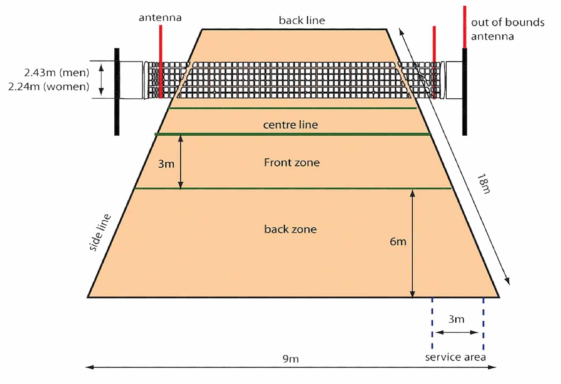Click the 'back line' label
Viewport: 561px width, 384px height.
point(302,21)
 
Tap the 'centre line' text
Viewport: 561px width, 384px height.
point(290,125)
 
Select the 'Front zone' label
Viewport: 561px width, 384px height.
point(292,163)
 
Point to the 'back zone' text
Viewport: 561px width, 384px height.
point(290,229)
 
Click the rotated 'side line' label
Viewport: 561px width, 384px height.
point(100,232)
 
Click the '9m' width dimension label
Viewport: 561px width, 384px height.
point(290,359)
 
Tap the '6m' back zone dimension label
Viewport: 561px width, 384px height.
point(398,241)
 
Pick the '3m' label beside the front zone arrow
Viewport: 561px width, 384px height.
point(166,164)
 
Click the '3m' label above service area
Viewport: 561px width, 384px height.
point(456,319)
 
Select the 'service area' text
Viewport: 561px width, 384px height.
point(455,357)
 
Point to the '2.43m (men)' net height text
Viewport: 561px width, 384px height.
point(57,73)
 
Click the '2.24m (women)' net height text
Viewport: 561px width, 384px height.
point(49,86)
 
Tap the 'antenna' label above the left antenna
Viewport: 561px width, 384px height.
point(160,18)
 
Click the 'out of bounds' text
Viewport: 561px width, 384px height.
point(508,23)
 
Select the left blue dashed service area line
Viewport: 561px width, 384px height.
point(432,323)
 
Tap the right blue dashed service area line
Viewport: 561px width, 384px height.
point(483,323)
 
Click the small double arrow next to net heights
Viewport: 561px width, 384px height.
point(101,80)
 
